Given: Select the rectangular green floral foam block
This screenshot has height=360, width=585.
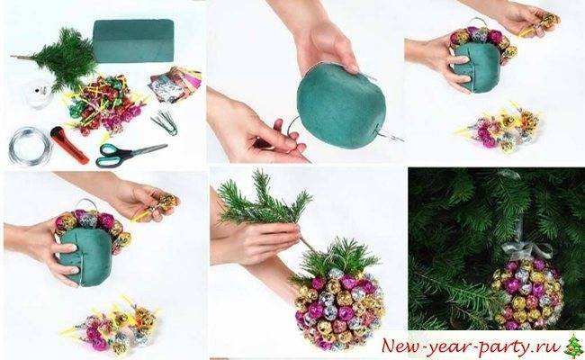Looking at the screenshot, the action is [133, 40].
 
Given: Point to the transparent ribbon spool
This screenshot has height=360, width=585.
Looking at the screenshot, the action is [39, 94].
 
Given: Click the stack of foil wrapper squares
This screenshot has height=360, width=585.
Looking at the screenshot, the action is [175, 85].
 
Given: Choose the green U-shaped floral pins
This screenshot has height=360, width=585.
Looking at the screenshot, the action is [165, 122].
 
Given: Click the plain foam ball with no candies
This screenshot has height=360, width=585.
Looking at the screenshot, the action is [341, 105].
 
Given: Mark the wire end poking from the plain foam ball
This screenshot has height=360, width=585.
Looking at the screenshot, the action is [391, 137].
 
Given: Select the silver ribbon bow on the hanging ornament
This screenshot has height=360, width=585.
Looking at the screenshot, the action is [526, 250].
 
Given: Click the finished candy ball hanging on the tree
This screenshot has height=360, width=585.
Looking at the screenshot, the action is [527, 294].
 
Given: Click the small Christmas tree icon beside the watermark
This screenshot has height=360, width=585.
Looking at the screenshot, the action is [573, 346].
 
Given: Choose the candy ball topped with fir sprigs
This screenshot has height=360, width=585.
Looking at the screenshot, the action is [338, 294].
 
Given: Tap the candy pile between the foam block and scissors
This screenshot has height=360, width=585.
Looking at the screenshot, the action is [104, 104].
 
